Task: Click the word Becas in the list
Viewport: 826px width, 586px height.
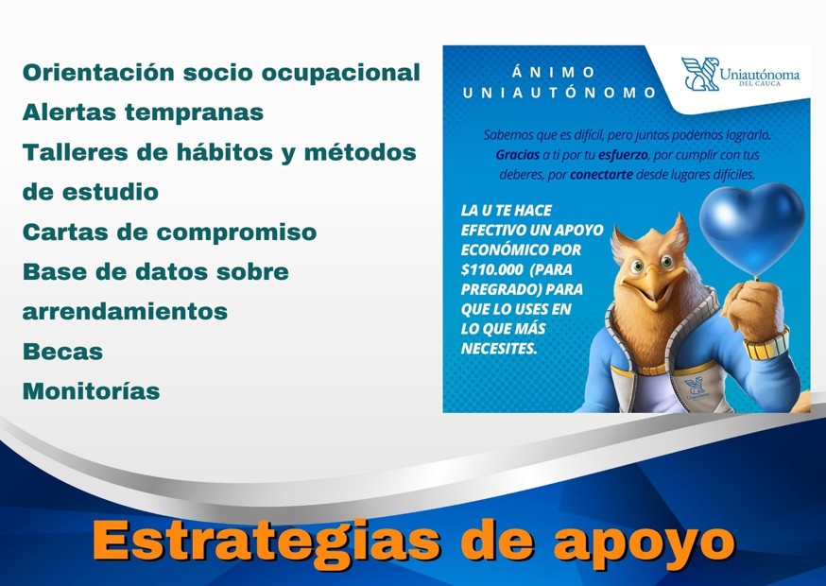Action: tap(62, 351)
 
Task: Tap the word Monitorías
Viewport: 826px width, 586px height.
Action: tap(91, 391)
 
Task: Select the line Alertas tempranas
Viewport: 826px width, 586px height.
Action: tap(143, 112)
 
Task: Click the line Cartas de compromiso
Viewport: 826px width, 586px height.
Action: tap(169, 232)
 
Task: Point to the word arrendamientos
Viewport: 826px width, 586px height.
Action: tap(125, 311)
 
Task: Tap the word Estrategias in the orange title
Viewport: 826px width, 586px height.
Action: tap(267, 541)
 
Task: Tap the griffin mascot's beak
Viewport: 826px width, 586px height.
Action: tap(655, 283)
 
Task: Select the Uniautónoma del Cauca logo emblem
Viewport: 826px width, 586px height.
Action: tap(699, 74)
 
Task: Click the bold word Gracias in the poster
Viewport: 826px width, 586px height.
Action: tap(517, 154)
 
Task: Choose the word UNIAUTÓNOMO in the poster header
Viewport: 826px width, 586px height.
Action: tap(559, 93)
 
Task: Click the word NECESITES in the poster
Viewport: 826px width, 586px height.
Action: tap(498, 348)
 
